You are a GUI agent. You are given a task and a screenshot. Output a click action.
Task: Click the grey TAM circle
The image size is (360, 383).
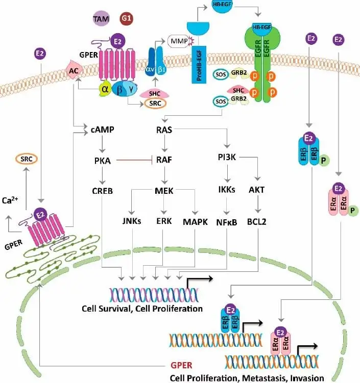tap(101, 19)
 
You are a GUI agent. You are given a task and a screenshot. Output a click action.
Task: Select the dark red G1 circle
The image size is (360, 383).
tap(126, 19)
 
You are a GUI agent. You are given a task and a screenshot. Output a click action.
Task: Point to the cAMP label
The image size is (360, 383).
tap(103, 130)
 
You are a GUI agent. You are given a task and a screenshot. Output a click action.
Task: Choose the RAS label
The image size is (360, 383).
tap(163, 130)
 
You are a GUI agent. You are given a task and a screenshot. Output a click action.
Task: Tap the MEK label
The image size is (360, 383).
tap(163, 191)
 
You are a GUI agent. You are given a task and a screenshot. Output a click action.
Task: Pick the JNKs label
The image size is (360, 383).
tap(132, 222)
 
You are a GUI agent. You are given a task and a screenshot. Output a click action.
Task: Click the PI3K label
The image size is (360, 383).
tap(225, 160)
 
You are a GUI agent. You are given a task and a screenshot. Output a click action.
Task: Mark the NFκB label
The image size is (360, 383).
tap(225, 222)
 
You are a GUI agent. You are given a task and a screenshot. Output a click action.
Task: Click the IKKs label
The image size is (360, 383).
tap(225, 191)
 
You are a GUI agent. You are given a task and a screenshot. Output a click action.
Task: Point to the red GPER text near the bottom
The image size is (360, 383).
tap(182, 366)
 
